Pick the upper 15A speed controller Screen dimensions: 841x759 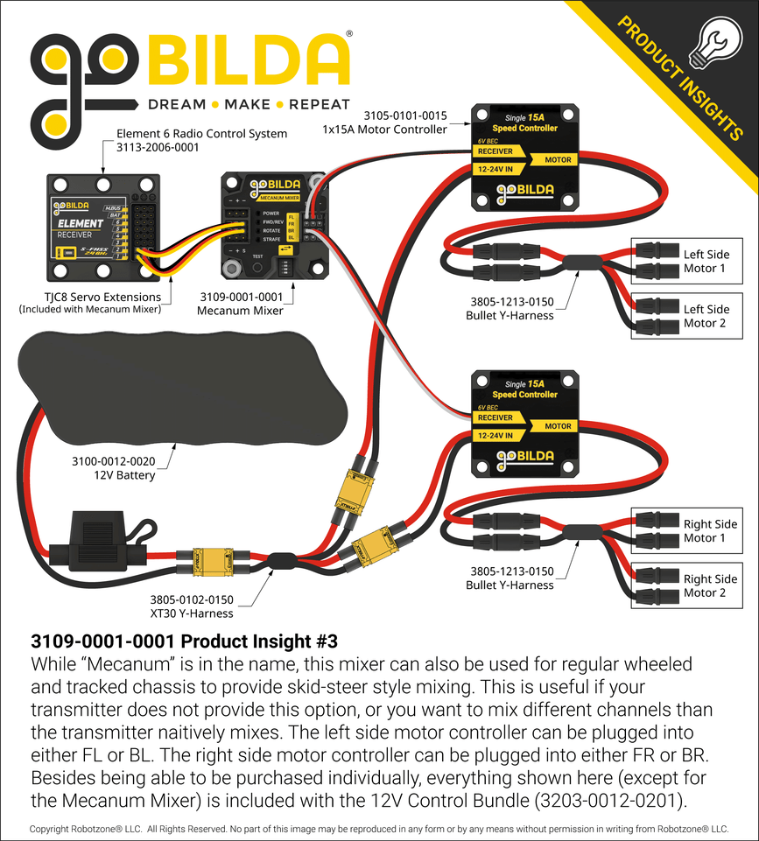point(525,158)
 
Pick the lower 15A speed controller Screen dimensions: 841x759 point(525,424)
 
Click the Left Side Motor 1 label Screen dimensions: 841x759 point(706,262)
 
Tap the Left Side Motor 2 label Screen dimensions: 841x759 point(706,316)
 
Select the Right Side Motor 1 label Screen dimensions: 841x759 point(710,531)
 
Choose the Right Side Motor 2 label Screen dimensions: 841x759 point(710,585)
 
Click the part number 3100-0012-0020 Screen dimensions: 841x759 point(113,461)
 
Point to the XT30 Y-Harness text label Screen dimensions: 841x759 point(193,613)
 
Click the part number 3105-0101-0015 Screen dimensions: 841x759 point(404,116)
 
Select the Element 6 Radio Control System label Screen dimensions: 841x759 point(201,134)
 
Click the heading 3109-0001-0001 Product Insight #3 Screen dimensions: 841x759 point(184,641)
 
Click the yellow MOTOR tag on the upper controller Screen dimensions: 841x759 point(558,160)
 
